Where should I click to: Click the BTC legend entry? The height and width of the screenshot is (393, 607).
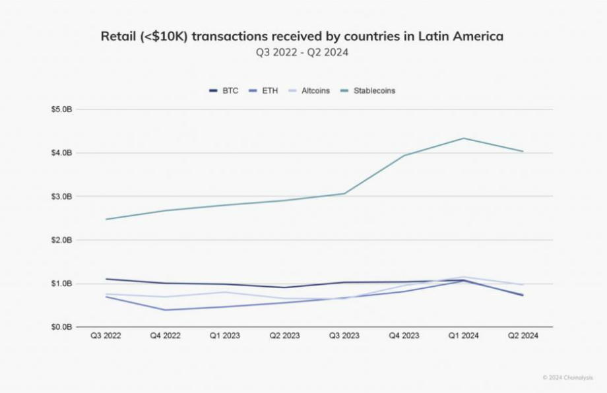pos(224,91)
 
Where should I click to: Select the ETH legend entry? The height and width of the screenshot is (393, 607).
pos(264,91)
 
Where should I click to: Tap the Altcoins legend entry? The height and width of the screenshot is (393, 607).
pos(309,91)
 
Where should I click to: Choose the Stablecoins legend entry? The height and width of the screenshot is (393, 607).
pos(368,91)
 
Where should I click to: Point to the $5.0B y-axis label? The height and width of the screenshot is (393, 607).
pos(61,109)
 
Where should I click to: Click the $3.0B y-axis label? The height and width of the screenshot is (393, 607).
pos(61,196)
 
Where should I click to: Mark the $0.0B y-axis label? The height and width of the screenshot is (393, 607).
pos(61,327)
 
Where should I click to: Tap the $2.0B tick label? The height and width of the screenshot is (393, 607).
pos(61,240)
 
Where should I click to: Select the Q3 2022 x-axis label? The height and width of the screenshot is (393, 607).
pos(106,336)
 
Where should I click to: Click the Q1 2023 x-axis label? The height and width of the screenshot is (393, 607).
pos(225,336)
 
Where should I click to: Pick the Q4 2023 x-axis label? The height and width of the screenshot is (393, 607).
pos(404,336)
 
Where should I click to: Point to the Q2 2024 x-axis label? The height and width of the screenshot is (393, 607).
pos(523,336)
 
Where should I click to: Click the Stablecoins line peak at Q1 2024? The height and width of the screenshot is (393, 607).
pos(463,138)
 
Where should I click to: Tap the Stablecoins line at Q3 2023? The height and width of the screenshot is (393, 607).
pos(344,193)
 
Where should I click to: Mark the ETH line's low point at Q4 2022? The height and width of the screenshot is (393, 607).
pos(166,310)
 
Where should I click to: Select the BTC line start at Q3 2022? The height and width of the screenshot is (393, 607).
pos(106,279)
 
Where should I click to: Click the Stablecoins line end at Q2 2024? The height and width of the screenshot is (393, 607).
pos(523,151)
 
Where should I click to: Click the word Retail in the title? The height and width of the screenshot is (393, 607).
pos(119,36)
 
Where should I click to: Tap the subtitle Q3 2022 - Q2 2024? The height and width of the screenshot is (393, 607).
pos(302,52)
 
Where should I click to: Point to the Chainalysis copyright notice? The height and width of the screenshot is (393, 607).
pos(567,378)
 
